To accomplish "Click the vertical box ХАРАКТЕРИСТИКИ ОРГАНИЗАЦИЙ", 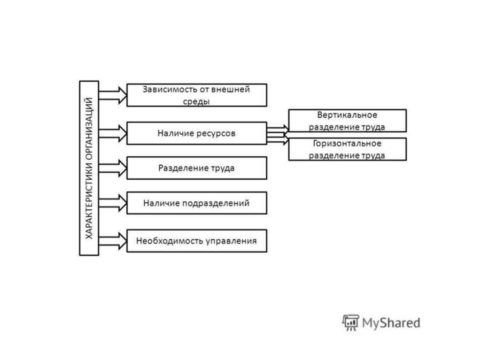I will (89, 168).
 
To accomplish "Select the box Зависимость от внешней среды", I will (197, 95).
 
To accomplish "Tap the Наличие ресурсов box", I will (197, 133).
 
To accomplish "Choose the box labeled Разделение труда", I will (197, 168).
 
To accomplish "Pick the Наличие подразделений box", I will (197, 203).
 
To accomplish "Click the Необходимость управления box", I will (197, 241).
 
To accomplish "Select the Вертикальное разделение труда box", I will (347, 121).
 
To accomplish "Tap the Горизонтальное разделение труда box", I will (347, 149).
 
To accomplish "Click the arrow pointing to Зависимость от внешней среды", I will (113, 95).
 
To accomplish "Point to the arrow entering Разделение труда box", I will (113, 168).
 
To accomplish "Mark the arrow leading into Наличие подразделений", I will (113, 203).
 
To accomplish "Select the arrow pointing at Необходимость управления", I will (113, 241).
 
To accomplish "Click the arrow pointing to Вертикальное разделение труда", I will (278, 127).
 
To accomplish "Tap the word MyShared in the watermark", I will (390, 323).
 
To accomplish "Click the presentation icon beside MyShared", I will (350, 322).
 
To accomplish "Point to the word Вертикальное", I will (347, 115).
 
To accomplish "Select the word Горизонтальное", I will (347, 144).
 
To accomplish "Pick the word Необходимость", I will (170, 241).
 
